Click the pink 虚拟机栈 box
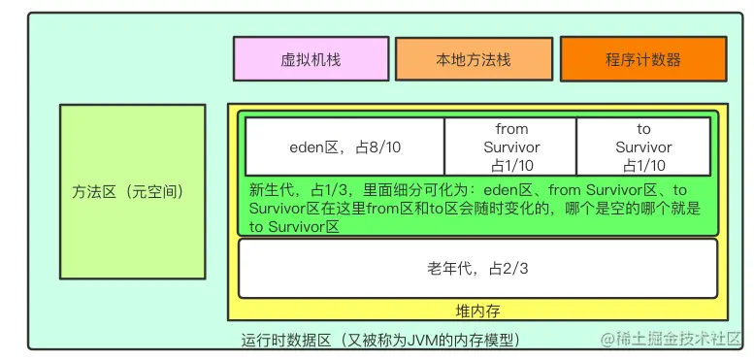coord(311,59)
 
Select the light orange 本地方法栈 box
coord(474,59)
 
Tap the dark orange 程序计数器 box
coord(642,59)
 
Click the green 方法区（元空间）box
coord(132,192)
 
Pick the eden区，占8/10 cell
coord(344,147)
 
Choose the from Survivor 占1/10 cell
coord(511,147)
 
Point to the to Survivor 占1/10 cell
coord(643,147)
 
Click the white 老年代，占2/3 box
coord(477,268)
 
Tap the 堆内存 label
coord(477,311)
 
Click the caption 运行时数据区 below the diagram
coord(286,340)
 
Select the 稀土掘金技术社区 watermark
coord(672,339)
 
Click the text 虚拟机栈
coord(311,59)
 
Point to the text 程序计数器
coord(642,59)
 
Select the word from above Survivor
coord(511,129)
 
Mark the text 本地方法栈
coord(474,59)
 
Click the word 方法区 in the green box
coord(94,192)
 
